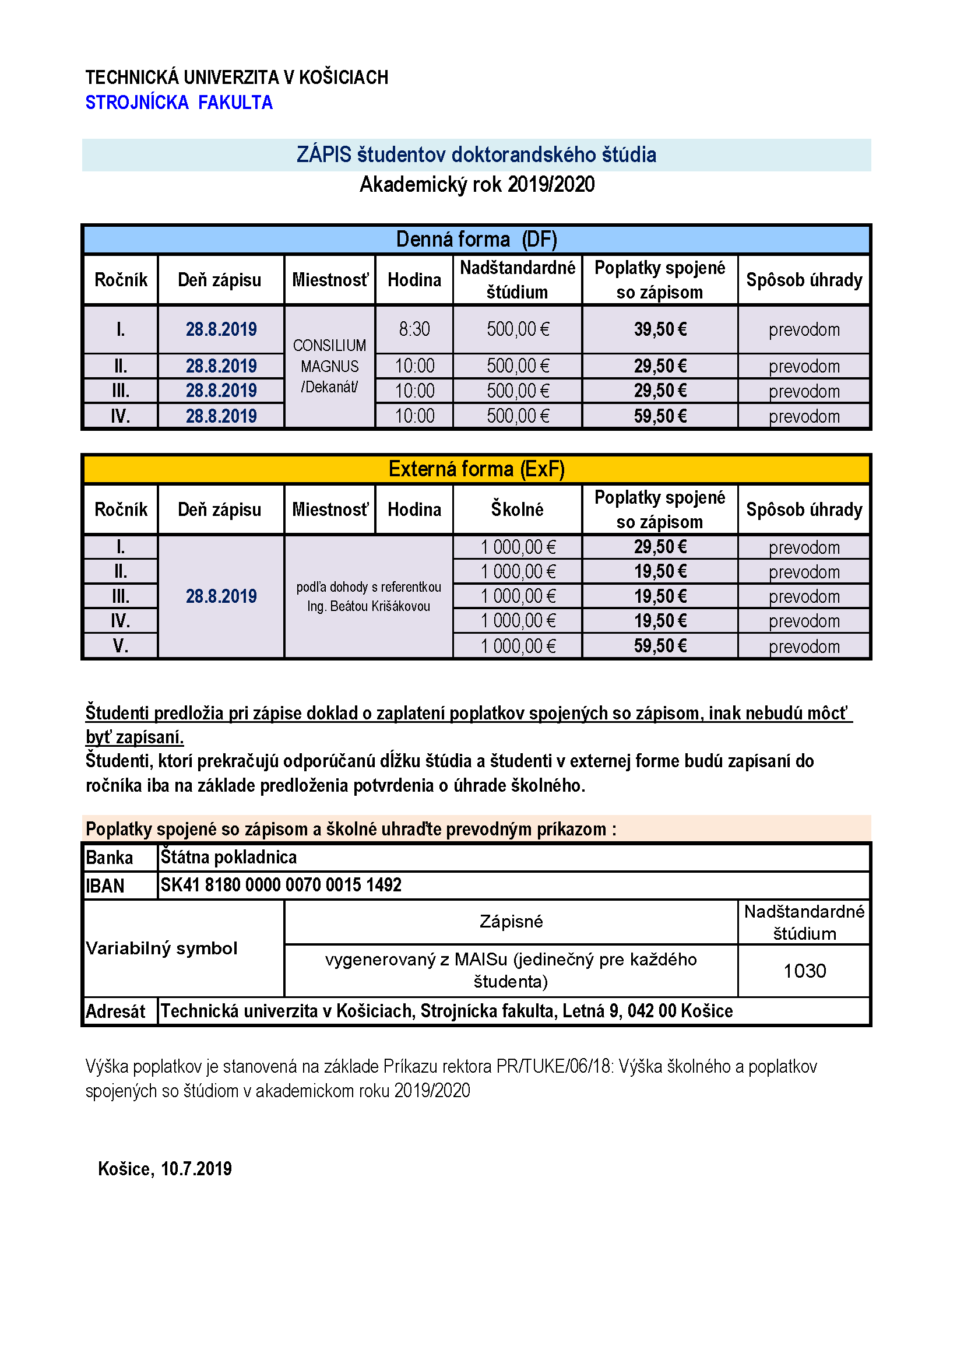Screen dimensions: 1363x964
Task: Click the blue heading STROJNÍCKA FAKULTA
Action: tap(179, 103)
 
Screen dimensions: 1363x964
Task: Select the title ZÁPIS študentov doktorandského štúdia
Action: tap(476, 155)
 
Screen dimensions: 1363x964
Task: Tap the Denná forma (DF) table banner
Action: tap(476, 239)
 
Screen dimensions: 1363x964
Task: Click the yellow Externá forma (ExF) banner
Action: tap(476, 469)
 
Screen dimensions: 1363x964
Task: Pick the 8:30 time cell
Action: tap(414, 329)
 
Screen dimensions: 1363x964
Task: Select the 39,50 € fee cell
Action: tap(660, 329)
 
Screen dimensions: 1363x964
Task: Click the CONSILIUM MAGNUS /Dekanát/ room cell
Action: tap(329, 366)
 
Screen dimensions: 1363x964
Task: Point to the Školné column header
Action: tap(517, 510)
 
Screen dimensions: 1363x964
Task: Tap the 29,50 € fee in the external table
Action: tap(660, 547)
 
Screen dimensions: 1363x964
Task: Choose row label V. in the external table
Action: tap(121, 645)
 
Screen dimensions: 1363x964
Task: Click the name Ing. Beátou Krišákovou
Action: tap(368, 606)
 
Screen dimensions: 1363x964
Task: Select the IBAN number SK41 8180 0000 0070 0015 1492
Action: tap(281, 885)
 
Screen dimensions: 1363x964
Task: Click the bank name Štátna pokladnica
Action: tap(228, 857)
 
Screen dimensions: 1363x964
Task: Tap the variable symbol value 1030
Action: tap(804, 971)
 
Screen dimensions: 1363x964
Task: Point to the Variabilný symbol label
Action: tap(161, 948)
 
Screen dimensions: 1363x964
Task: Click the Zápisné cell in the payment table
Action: tap(511, 921)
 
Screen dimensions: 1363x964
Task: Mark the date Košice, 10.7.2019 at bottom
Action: tap(164, 1169)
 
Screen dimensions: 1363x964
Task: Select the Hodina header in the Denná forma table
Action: tap(414, 280)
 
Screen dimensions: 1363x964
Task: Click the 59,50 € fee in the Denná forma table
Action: tap(660, 416)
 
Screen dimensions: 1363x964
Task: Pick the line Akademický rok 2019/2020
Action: tap(477, 185)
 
